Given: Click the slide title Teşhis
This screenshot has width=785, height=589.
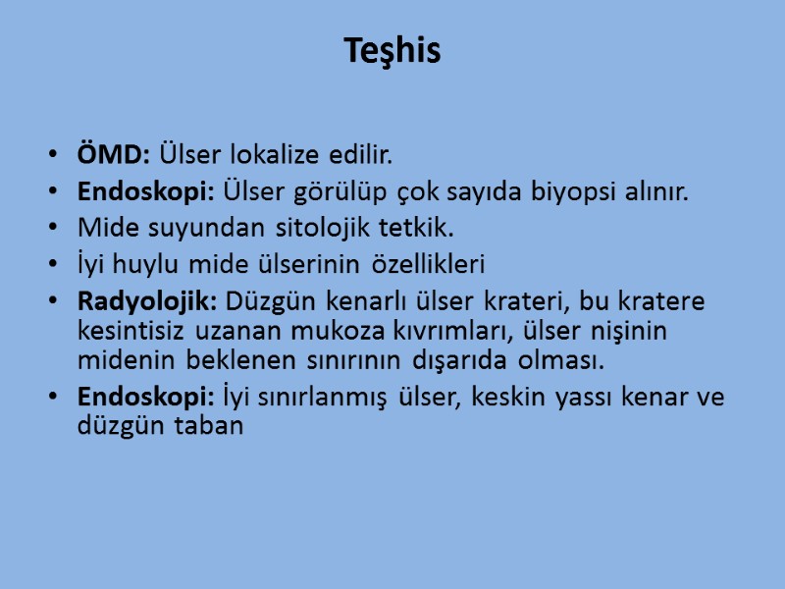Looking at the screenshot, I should click(392, 50).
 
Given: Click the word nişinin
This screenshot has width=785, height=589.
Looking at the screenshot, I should click(624, 331).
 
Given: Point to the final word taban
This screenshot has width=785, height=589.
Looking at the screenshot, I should click(208, 426).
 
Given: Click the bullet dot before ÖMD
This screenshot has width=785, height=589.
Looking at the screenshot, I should click(52, 156).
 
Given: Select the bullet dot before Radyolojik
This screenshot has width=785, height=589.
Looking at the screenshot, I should click(52, 301).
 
